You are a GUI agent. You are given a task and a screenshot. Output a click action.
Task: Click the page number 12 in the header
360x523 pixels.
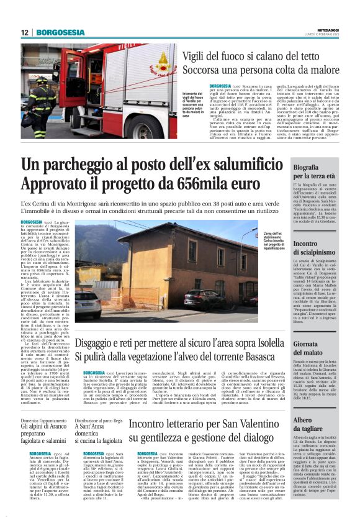pyautogui.click(x=25, y=32)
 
